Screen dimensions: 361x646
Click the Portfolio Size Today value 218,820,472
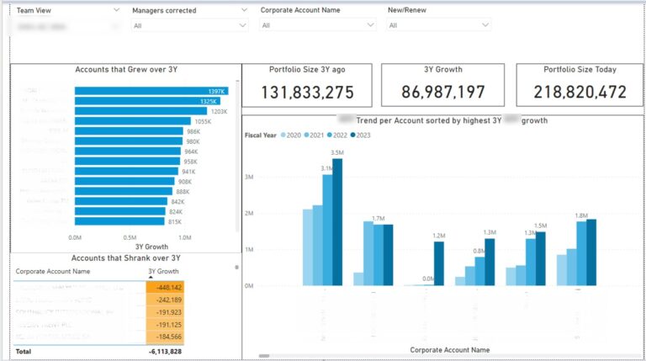574,93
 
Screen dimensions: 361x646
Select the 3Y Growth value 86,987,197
443,93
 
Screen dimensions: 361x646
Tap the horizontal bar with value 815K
121,222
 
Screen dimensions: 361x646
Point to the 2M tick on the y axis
249,214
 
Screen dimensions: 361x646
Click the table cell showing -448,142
165,286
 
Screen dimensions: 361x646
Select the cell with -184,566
165,336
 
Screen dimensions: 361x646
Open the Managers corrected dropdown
189,25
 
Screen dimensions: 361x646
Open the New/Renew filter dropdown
438,25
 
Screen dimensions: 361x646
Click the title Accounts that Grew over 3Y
126,70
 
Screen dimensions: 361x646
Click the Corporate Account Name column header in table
52,272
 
